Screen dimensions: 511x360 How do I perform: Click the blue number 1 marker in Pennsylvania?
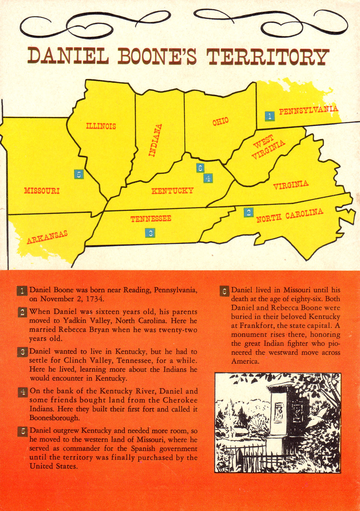pos(270,116)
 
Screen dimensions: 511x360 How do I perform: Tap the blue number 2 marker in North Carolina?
pos(248,213)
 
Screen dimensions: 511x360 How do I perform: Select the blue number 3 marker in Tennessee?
pos(150,233)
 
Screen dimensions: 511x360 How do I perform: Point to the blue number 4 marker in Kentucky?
pos(208,178)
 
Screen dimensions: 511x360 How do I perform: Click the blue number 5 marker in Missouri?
pos(79,174)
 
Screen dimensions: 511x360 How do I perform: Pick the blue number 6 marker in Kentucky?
pos(200,168)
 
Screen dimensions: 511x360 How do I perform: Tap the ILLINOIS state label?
pos(101,126)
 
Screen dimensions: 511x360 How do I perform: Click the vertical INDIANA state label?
pos(156,140)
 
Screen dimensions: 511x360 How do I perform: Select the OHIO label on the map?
pos(220,122)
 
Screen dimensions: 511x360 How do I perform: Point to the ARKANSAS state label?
pos(47,237)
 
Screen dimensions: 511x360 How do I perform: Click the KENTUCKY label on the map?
pos(172,191)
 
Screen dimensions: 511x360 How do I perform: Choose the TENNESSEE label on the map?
pos(151,219)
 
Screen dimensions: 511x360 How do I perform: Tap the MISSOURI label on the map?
pos(42,191)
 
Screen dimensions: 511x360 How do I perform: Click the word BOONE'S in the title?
pos(157,56)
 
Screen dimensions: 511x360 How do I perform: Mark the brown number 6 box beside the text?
pos(224,291)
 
